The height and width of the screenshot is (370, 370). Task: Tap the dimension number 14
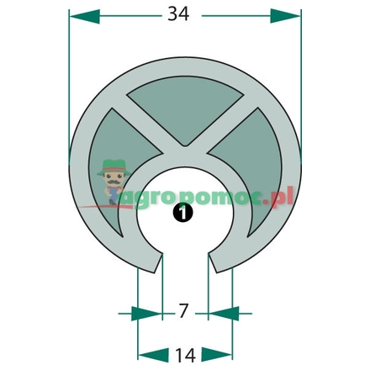(183, 351)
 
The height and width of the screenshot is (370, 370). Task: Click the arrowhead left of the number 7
(149, 313)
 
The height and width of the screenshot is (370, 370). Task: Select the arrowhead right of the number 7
(218, 313)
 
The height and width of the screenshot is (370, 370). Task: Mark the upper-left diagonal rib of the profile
(147, 115)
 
